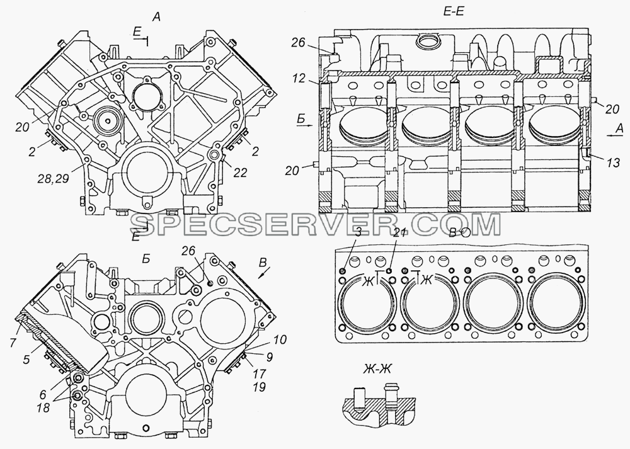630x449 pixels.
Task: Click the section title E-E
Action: [x=454, y=11]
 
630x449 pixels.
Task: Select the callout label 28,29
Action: [x=54, y=178]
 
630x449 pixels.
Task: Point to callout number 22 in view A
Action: [x=239, y=173]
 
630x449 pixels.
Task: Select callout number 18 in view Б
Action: [x=43, y=407]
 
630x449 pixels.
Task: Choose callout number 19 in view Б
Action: [x=260, y=387]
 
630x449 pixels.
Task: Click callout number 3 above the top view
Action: [x=358, y=231]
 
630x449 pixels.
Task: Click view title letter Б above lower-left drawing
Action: [x=146, y=259]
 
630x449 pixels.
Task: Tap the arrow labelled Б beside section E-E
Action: [x=305, y=126]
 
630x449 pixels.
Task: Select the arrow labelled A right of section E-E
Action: [x=614, y=137]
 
